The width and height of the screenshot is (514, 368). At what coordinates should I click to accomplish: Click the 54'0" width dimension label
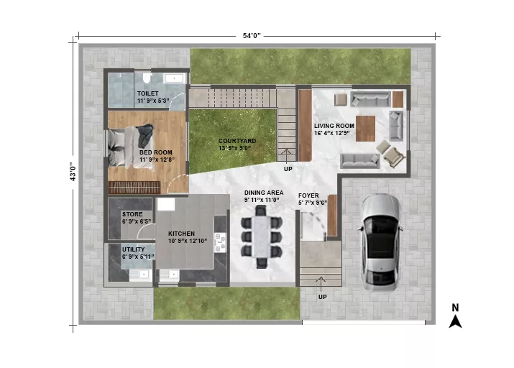tap(252, 35)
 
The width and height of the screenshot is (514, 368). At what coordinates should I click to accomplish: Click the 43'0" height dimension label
tap(73, 172)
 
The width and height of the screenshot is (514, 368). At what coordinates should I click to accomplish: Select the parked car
tap(381, 242)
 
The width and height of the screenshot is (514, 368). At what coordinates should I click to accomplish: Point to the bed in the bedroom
tap(131, 147)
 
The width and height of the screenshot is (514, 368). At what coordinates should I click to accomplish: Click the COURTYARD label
tap(237, 141)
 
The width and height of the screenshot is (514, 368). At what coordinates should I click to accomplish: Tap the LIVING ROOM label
tap(334, 126)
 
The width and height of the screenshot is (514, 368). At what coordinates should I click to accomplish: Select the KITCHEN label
tap(181, 234)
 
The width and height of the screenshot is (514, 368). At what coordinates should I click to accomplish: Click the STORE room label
tap(132, 214)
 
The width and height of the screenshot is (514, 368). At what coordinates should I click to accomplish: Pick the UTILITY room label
tap(134, 249)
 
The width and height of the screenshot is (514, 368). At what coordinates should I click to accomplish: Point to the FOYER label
tap(308, 195)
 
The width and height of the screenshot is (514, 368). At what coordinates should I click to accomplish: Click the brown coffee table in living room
tap(365, 129)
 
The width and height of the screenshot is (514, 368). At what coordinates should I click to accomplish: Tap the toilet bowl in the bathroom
tap(147, 78)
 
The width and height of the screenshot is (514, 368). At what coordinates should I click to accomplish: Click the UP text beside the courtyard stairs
tap(288, 169)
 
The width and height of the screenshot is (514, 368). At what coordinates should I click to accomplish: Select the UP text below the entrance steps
tap(323, 297)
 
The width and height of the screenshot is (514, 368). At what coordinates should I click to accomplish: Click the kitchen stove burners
tap(219, 242)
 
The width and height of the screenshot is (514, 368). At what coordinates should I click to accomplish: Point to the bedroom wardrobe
tap(134, 188)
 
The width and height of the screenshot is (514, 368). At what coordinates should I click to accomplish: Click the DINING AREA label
tap(264, 193)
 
